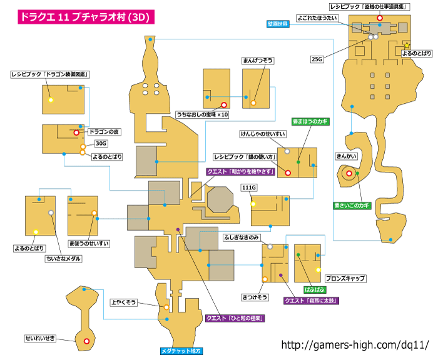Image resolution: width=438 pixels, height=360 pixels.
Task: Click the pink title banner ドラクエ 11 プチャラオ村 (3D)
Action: pyautogui.click(x=86, y=17)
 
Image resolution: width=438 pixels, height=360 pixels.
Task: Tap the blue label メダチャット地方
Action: pyautogui.click(x=181, y=351)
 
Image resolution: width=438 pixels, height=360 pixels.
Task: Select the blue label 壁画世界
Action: pyautogui.click(x=278, y=24)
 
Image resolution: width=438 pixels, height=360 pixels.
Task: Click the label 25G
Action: pyautogui.click(x=317, y=59)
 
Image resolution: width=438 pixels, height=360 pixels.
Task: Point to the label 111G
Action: pyautogui.click(x=249, y=187)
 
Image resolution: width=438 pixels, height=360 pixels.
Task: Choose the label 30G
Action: pyautogui.click(x=101, y=144)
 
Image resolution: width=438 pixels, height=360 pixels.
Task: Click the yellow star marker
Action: pyautogui.click(x=407, y=45)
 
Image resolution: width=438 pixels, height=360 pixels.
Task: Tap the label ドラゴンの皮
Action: pyautogui.click(x=104, y=132)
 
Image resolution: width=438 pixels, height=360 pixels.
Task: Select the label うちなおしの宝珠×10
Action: pyautogui.click(x=203, y=114)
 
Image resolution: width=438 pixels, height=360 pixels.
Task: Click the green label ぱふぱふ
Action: pyautogui.click(x=315, y=289)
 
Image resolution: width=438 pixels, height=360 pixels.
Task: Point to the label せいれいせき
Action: pyautogui.click(x=40, y=338)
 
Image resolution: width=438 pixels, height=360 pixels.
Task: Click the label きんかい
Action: pyautogui.click(x=347, y=156)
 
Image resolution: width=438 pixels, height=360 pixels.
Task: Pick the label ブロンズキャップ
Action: pyautogui.click(x=345, y=278)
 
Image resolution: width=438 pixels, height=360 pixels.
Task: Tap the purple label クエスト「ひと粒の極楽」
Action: pyautogui.click(x=235, y=318)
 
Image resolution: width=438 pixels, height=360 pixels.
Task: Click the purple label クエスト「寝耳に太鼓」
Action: pyautogui.click(x=311, y=301)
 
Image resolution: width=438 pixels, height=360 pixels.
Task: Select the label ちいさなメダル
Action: pyautogui.click(x=63, y=259)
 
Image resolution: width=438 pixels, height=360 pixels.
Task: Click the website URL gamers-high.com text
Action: pyautogui.click(x=355, y=345)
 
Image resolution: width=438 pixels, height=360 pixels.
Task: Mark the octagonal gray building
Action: pyautogui.click(x=220, y=199)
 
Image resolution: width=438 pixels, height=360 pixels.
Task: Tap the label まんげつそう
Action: pyautogui.click(x=258, y=61)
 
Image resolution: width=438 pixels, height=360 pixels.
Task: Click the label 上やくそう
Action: pyautogui.click(x=123, y=302)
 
